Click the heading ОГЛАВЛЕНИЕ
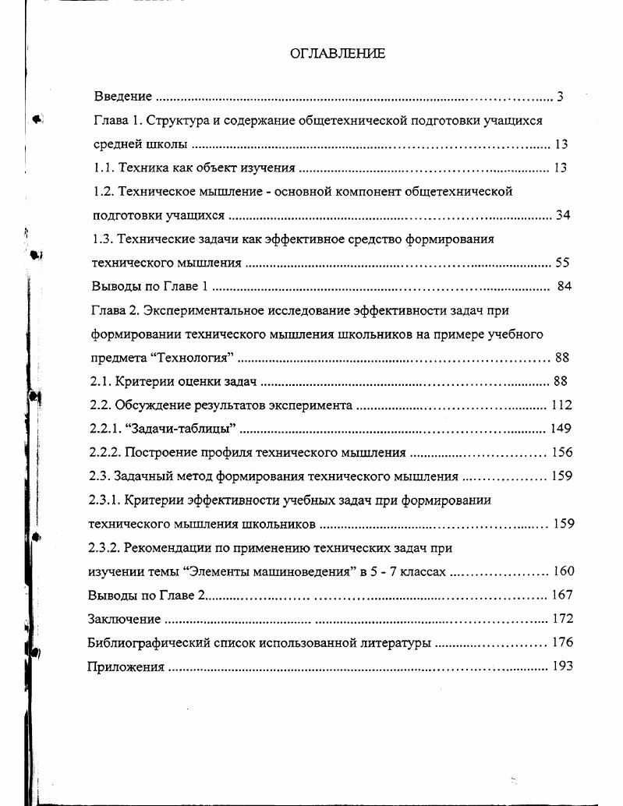[337, 53]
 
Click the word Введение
[122, 97]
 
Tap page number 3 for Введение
[560, 97]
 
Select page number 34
[563, 215]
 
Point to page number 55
[563, 263]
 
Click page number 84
[565, 286]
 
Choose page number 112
[561, 405]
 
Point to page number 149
[561, 428]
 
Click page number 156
[561, 452]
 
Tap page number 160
[563, 571]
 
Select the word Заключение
[124, 619]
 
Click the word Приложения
[126, 666]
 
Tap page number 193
[561, 666]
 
